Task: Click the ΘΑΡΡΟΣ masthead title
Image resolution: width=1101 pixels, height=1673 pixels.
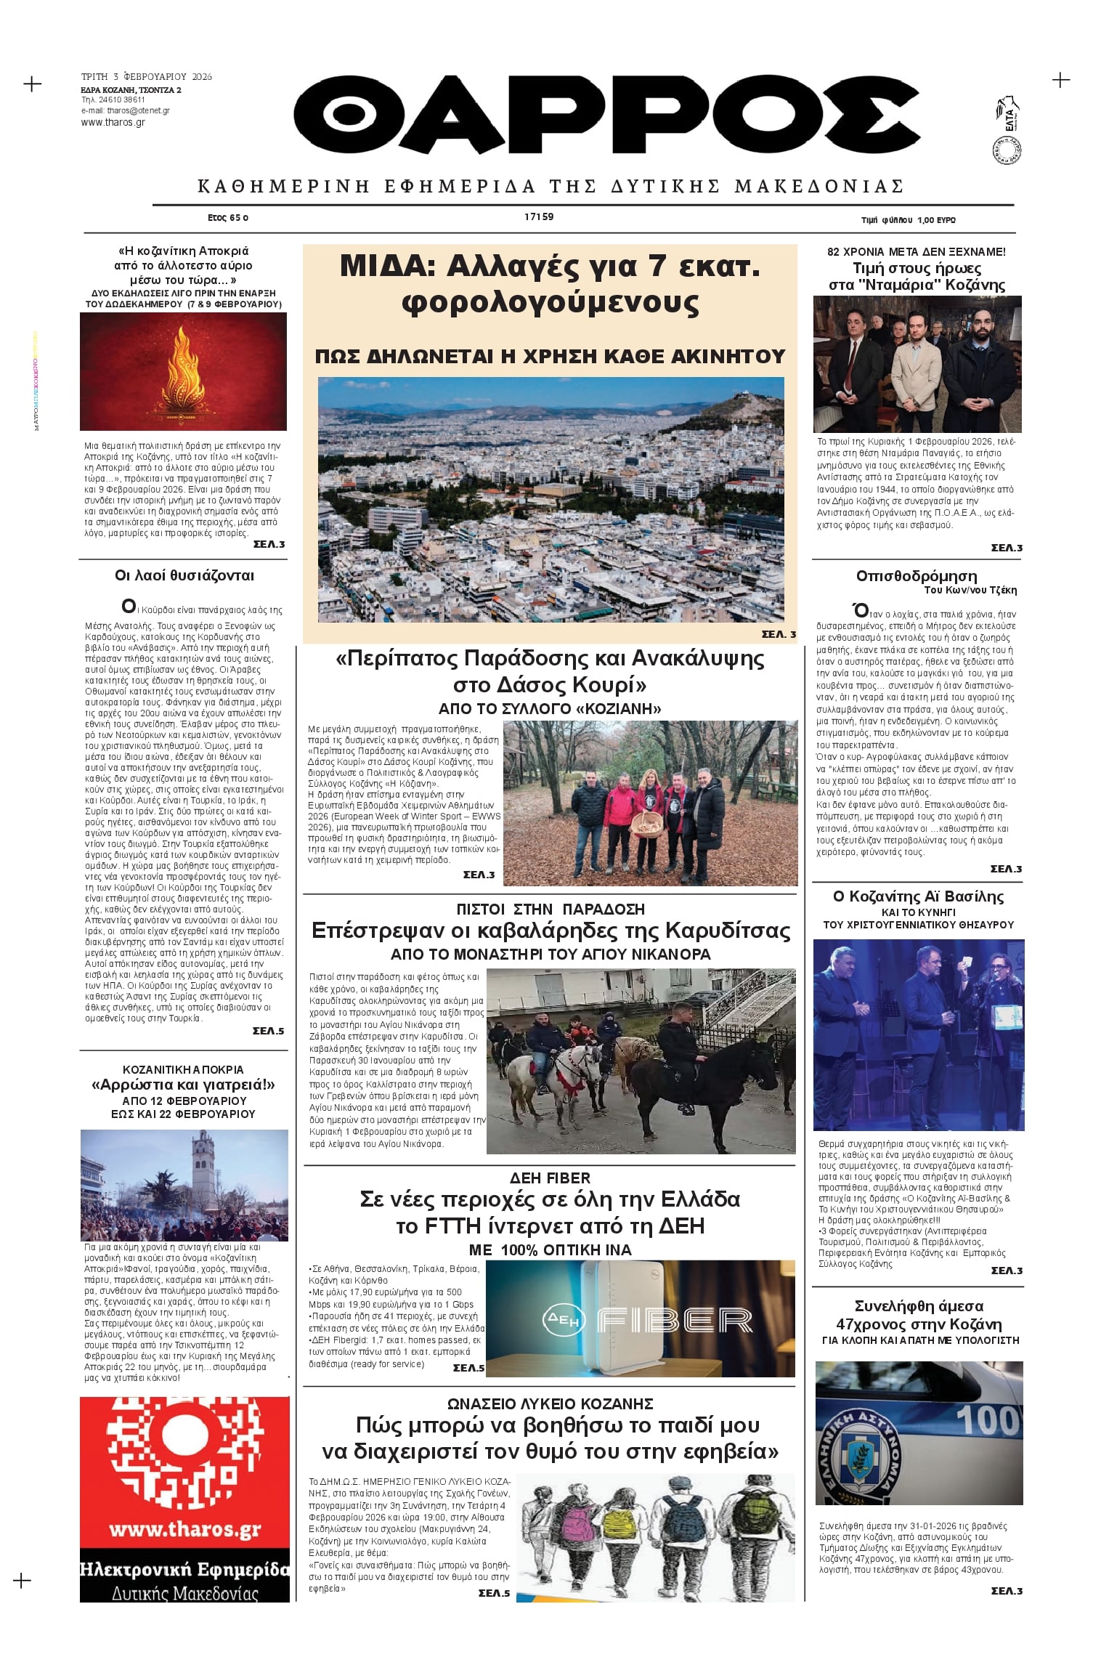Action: (606, 113)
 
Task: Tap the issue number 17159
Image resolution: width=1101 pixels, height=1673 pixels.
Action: (539, 216)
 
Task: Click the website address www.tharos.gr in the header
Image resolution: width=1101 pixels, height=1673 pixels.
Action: (113, 123)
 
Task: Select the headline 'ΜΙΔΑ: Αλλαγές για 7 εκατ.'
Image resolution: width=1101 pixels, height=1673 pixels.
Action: (550, 267)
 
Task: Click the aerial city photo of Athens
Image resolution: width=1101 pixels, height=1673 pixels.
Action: (550, 499)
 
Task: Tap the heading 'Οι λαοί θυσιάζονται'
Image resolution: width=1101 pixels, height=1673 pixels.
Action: (184, 575)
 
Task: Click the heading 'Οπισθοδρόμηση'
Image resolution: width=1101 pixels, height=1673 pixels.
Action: (916, 575)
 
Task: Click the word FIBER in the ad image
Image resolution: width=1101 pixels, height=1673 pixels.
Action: (674, 1321)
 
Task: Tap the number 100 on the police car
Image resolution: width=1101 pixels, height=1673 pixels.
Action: (988, 1419)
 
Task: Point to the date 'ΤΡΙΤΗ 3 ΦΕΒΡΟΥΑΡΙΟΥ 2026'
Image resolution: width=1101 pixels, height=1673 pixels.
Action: (147, 76)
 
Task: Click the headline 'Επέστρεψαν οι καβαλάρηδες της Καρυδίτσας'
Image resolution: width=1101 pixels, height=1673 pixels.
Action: (550, 931)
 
